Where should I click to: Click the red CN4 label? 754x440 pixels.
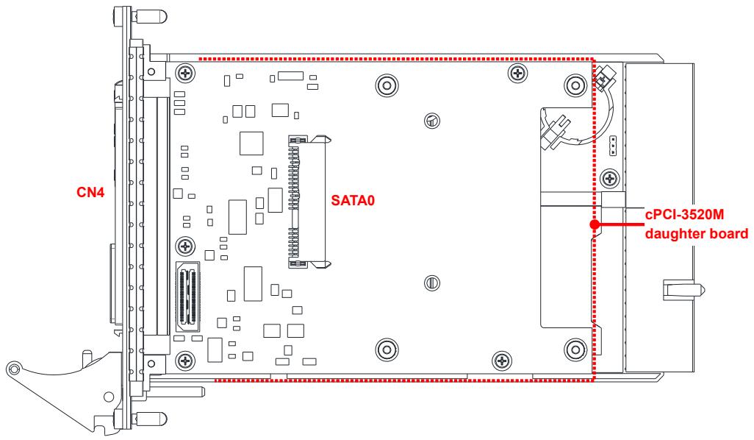(x=90, y=192)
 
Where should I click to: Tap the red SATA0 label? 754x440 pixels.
(x=353, y=200)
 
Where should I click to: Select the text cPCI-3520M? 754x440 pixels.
(x=684, y=214)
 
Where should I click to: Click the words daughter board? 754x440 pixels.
(x=696, y=234)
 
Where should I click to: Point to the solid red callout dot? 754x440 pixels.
(x=595, y=224)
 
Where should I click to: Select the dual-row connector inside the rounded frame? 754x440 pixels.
(x=188, y=297)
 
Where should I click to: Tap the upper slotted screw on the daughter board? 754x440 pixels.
(x=432, y=120)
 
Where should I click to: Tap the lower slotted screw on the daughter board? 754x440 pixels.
(x=432, y=283)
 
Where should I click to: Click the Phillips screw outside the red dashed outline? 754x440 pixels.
(x=610, y=179)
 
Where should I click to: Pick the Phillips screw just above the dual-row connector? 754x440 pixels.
(x=185, y=246)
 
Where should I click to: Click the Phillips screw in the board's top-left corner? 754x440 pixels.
(x=185, y=73)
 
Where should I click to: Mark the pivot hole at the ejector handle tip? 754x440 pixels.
(x=15, y=369)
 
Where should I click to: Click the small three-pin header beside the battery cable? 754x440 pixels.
(x=613, y=146)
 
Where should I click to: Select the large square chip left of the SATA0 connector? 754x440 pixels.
(x=251, y=143)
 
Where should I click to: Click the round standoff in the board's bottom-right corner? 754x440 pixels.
(x=575, y=349)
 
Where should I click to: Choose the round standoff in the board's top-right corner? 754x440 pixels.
(x=575, y=85)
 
